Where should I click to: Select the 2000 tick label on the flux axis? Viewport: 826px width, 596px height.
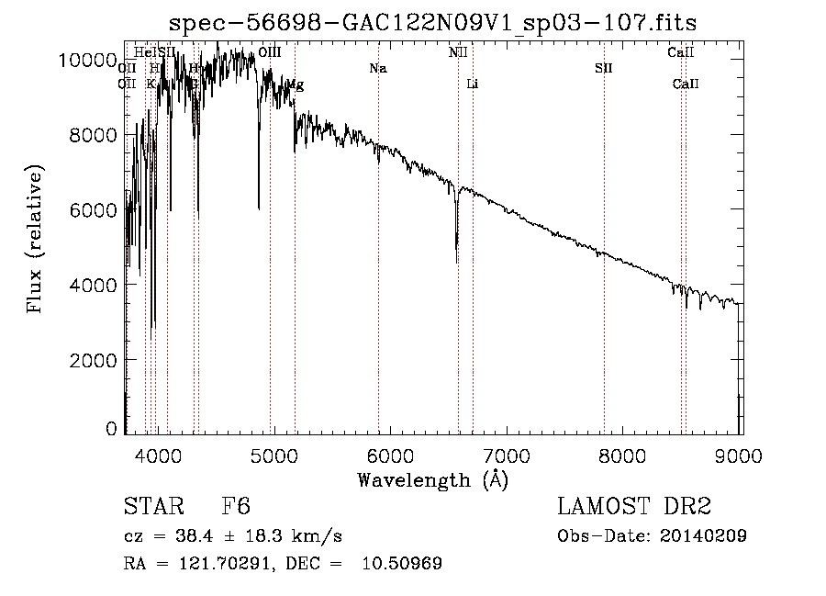coord(95,360)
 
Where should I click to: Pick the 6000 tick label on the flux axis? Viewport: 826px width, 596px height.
coord(95,210)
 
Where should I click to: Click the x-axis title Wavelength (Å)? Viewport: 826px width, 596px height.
coord(432,479)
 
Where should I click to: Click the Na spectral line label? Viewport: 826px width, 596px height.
coord(378,68)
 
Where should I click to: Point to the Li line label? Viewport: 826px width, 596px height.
coord(472,84)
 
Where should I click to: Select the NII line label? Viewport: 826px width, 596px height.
coord(458,52)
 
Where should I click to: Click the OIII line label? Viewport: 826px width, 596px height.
coord(270,52)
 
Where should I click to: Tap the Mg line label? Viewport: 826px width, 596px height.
coord(296,84)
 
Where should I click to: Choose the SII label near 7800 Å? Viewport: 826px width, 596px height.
coord(603,68)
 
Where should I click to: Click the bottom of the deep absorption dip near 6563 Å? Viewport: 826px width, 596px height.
coord(456,262)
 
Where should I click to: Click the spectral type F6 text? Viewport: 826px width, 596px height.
coord(236,506)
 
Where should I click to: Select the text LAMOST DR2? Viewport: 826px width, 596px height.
coord(634,506)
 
